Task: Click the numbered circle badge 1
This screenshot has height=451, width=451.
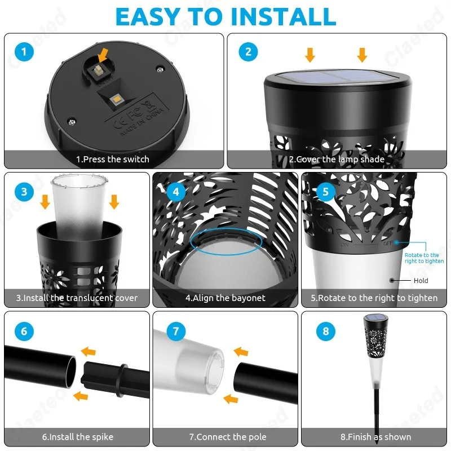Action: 24,52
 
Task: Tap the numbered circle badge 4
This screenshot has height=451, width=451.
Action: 176,192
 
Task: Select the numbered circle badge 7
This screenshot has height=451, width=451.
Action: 176,331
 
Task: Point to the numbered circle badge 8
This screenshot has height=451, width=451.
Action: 325,331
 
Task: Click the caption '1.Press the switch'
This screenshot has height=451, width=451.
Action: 113,160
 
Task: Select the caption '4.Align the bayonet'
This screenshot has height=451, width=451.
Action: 225,298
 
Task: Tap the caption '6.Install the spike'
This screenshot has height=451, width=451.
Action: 78,437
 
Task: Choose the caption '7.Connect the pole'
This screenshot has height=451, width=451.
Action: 228,437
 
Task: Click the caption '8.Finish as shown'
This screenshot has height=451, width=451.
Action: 375,437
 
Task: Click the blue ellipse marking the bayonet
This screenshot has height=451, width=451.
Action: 226,241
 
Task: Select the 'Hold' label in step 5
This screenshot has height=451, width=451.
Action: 421,280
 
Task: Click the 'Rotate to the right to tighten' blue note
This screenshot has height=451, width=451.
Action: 422,258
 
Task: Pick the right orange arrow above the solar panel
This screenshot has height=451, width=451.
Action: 362,55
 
